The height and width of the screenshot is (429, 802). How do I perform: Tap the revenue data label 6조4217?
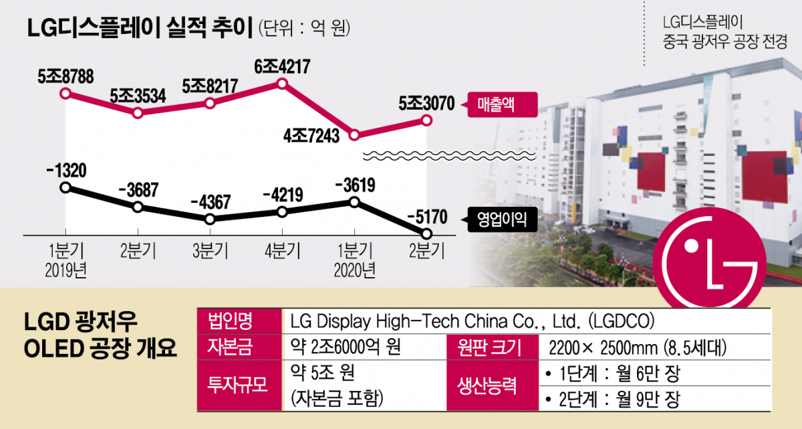click(x=282, y=68)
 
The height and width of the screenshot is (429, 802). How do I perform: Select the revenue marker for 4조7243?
click(x=355, y=135)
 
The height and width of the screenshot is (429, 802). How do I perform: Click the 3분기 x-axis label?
click(x=210, y=252)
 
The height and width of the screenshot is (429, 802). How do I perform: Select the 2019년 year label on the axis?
click(x=65, y=270)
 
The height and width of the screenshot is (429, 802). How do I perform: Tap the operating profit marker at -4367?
click(x=210, y=220)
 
